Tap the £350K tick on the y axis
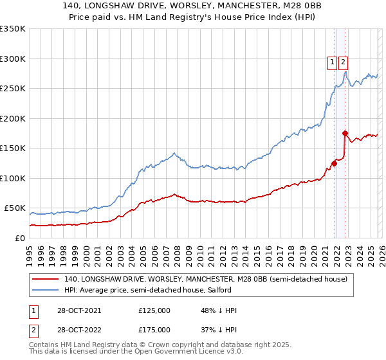(13, 29)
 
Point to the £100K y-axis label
(13, 178)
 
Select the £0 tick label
(19, 238)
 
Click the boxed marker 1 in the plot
(332, 62)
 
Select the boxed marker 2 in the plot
(343, 62)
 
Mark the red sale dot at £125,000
(335, 163)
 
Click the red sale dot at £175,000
(345, 133)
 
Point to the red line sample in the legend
(46, 280)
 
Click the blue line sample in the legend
(46, 290)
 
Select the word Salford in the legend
(255, 290)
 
